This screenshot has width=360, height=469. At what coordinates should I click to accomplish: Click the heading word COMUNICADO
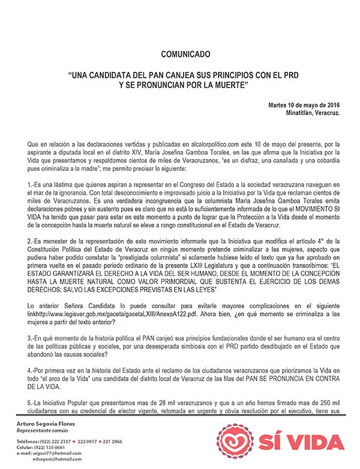(x=185, y=55)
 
